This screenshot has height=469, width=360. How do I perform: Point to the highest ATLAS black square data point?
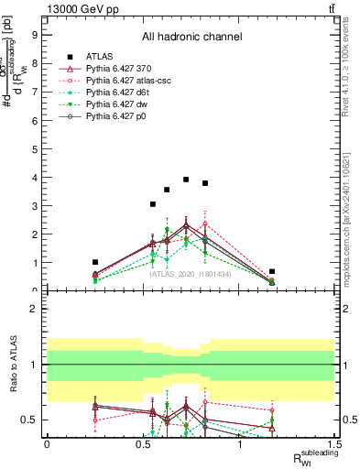tap(186, 180)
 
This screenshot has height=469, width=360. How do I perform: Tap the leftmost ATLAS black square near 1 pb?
tap(95, 262)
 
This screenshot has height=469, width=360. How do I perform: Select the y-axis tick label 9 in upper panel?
tap(34, 36)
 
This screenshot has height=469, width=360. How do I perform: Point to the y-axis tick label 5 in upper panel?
tap(34, 149)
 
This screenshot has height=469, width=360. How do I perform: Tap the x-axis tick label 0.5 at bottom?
tap(143, 444)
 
